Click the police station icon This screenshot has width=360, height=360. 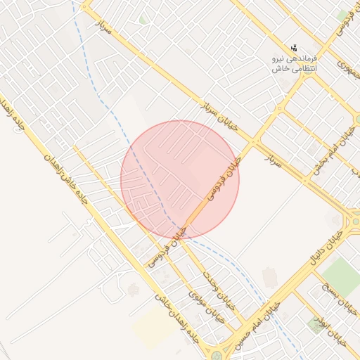click(x=293, y=49)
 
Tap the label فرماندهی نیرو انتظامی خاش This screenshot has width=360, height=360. click(x=294, y=64)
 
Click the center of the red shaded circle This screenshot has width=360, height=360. click(x=180, y=180)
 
